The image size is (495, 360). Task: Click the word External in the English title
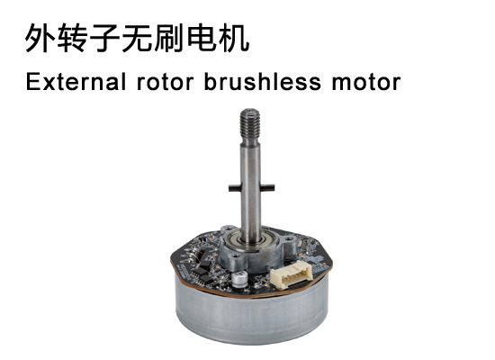pyautogui.click(x=76, y=82)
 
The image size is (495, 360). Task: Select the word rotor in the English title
pyautogui.click(x=165, y=83)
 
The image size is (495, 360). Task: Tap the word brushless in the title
pyautogui.click(x=263, y=82)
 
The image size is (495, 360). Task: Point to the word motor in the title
pyautogui.click(x=366, y=83)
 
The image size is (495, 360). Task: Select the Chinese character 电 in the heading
pyautogui.click(x=202, y=38)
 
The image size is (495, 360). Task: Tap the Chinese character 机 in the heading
pyautogui.click(x=234, y=38)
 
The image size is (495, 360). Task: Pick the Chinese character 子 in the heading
pyautogui.click(x=105, y=38)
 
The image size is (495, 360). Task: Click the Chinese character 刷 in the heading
pyautogui.click(x=169, y=38)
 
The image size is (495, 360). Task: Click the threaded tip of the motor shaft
pyautogui.click(x=249, y=125)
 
